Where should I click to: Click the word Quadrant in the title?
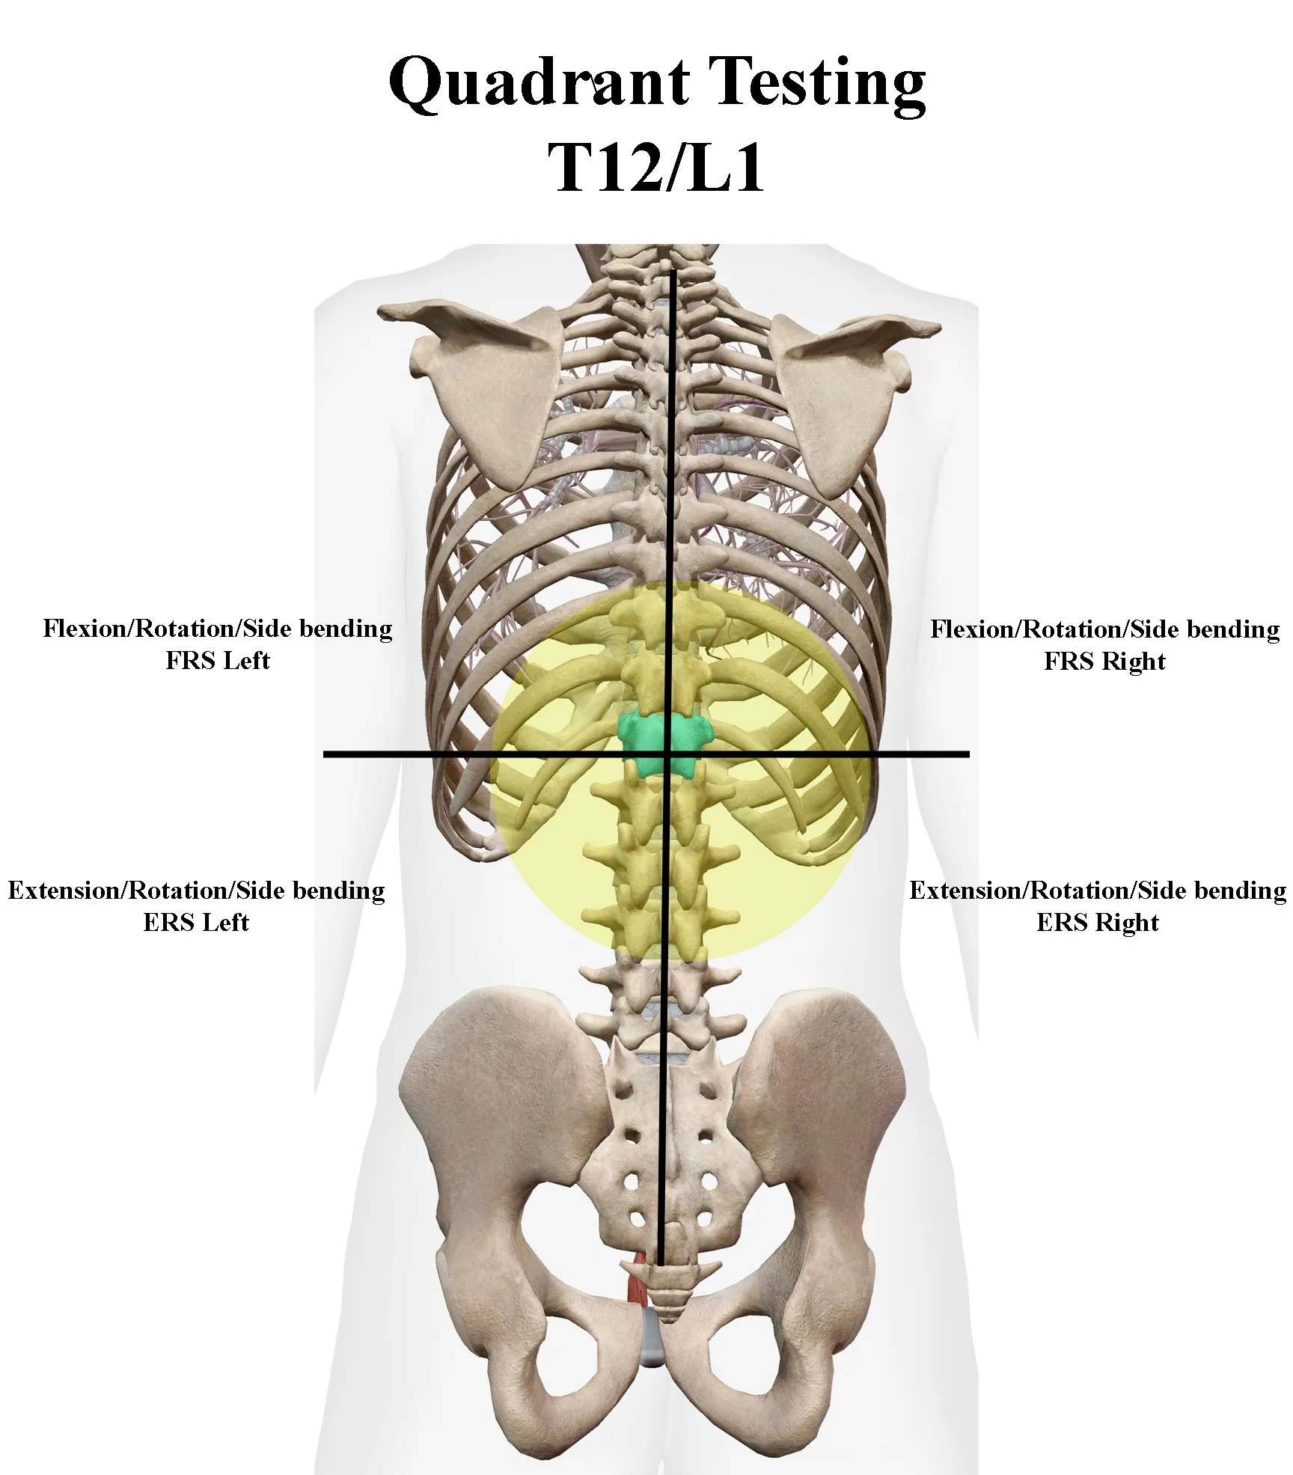tap(539, 82)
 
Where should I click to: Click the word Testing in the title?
tap(816, 84)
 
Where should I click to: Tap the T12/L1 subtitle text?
tap(656, 166)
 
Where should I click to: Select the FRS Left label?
tap(217, 661)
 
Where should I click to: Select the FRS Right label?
tap(1104, 662)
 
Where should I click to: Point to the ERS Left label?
tap(196, 923)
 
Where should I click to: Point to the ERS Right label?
tap(1097, 923)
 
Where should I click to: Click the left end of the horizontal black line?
tap(325, 754)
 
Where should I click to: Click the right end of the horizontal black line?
tap(968, 754)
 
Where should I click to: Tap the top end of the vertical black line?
tap(673, 272)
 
